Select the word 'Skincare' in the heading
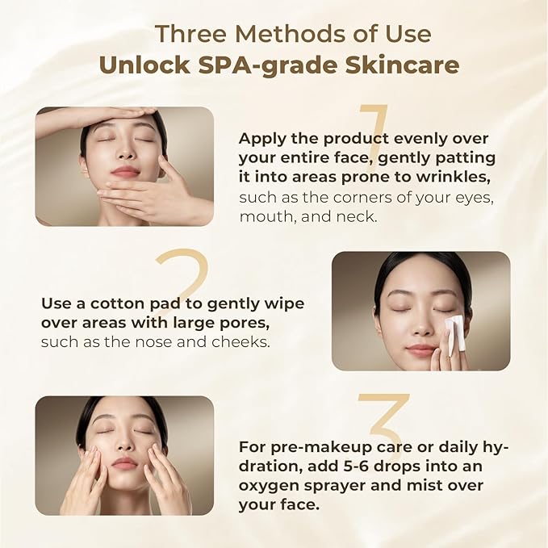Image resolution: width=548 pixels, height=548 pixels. pos(402,65)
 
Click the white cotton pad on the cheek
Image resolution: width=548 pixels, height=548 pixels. pos(457,332)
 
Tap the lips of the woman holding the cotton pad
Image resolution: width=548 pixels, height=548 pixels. pos(421,349)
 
